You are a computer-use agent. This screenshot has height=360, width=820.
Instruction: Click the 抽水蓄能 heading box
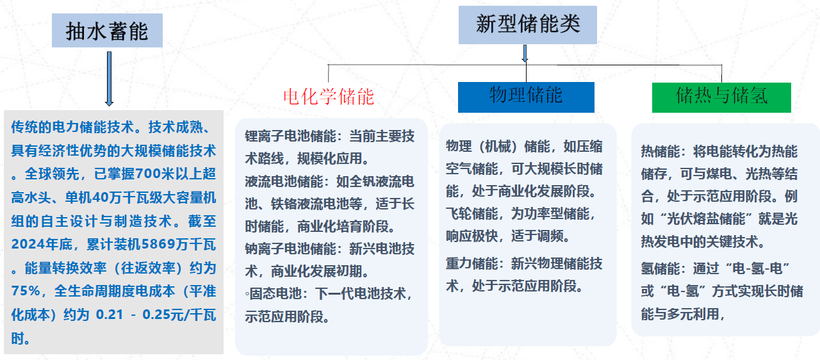107,30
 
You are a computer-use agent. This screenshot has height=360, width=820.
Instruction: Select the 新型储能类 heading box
527,25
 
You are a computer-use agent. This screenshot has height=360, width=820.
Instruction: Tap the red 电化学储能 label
329,97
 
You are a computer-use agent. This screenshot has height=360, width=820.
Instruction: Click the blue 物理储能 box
526,97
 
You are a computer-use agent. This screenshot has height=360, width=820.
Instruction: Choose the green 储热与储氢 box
721,97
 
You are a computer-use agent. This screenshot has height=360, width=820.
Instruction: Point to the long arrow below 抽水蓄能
109,79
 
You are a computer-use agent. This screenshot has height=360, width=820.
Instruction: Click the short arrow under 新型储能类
525,53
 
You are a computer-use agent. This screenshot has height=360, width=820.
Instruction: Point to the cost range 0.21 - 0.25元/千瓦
156,315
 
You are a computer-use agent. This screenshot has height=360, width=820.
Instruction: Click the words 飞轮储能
472,214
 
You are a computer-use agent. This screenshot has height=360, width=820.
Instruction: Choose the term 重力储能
472,263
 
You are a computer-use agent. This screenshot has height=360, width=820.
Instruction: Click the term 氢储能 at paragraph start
660,268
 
